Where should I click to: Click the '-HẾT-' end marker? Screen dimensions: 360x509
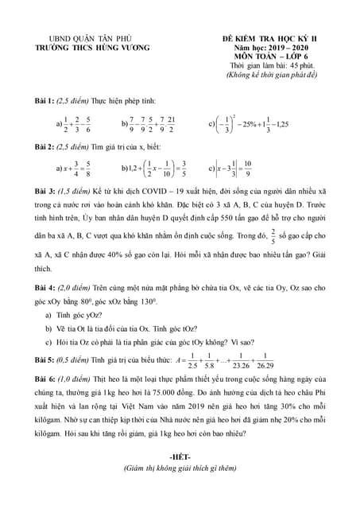(x=182, y=455)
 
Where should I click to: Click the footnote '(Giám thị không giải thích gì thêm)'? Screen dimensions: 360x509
(x=182, y=469)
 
